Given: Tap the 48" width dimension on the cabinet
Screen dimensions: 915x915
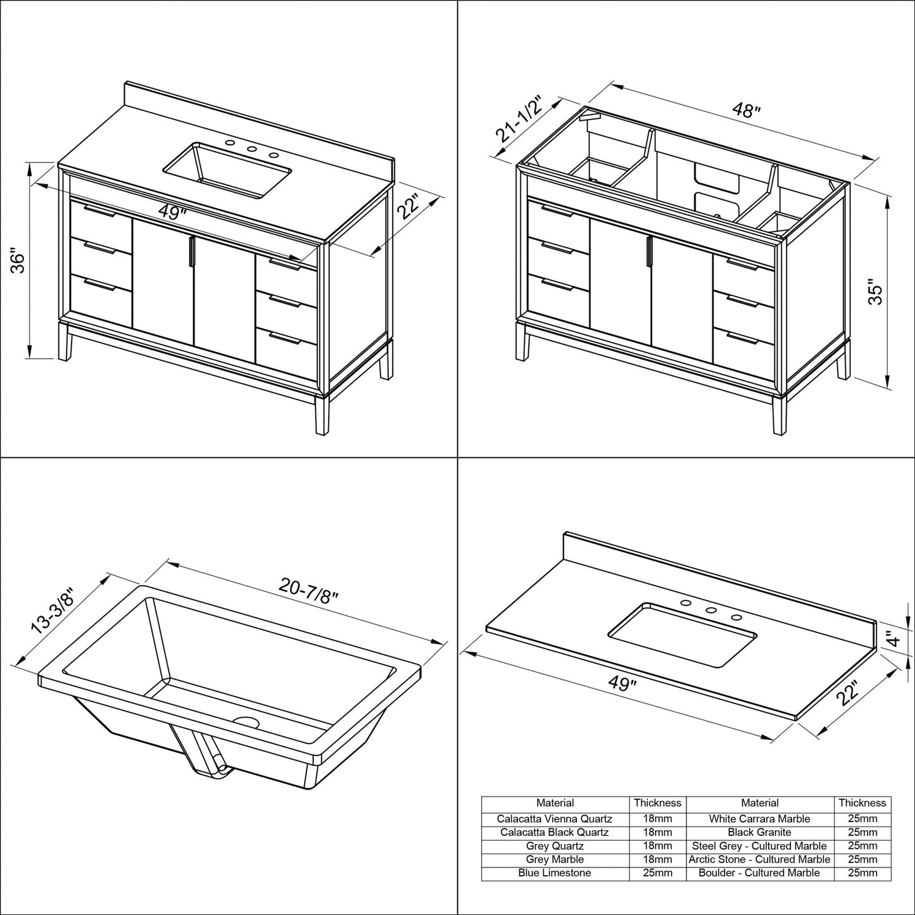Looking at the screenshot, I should (746, 111).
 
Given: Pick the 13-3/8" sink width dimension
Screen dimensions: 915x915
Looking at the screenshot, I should (53, 611).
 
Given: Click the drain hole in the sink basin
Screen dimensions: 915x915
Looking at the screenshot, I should (246, 722).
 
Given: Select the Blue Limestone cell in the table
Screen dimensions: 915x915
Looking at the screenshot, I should (555, 873).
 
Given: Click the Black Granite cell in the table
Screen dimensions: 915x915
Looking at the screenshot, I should (759, 832).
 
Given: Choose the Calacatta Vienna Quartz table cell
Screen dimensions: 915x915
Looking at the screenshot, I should (555, 819).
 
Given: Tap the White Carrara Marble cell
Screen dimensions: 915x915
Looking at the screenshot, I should (759, 819).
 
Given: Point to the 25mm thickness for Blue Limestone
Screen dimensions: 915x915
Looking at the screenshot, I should (657, 873).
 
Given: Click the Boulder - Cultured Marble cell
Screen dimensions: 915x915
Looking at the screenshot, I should (759, 873).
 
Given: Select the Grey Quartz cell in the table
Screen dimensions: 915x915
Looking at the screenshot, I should (555, 845).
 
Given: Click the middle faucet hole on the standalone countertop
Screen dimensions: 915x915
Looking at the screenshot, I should (710, 611).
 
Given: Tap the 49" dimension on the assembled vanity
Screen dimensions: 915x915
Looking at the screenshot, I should (170, 213).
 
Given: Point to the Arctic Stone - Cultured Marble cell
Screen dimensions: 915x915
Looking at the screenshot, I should (759, 859).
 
